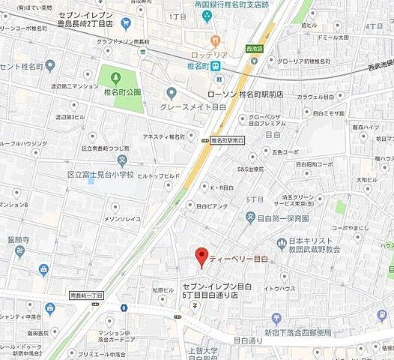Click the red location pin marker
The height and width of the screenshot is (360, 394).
pos(200,256)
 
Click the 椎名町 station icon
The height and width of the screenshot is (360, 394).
pos(216,66)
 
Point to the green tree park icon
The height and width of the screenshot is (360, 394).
pos(115,76)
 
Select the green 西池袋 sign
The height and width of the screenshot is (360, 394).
pos(255,49)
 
